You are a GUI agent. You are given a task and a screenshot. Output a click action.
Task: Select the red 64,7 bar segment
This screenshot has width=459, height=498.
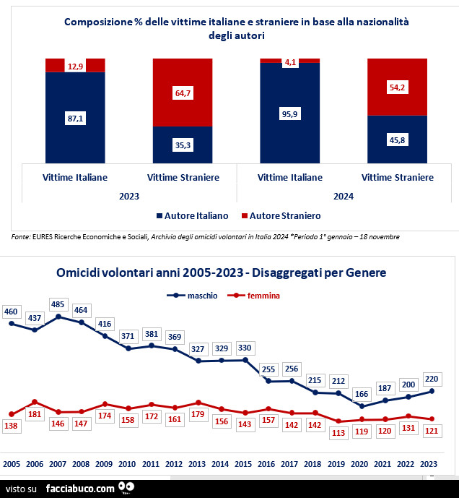183,93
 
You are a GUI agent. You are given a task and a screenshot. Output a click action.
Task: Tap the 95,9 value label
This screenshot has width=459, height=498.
290,113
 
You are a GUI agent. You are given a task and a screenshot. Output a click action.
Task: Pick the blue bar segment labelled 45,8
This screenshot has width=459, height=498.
397,140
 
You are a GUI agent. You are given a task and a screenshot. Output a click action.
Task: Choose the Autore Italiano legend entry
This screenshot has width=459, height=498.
191,215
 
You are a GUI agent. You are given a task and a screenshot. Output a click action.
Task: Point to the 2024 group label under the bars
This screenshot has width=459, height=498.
344,195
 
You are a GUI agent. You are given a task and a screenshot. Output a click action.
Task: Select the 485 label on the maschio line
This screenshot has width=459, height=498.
58,304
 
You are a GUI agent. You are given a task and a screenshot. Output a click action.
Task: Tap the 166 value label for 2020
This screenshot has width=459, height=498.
362,394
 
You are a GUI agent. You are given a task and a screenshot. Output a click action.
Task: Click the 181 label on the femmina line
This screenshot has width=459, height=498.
34,414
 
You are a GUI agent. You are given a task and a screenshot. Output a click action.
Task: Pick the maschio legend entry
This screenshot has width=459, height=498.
196,296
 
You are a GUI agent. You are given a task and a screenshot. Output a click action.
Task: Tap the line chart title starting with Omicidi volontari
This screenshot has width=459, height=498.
221,272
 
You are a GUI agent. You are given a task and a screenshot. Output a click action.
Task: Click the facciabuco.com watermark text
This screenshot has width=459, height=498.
79,489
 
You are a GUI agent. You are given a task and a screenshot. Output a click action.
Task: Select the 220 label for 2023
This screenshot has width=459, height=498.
432,377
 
